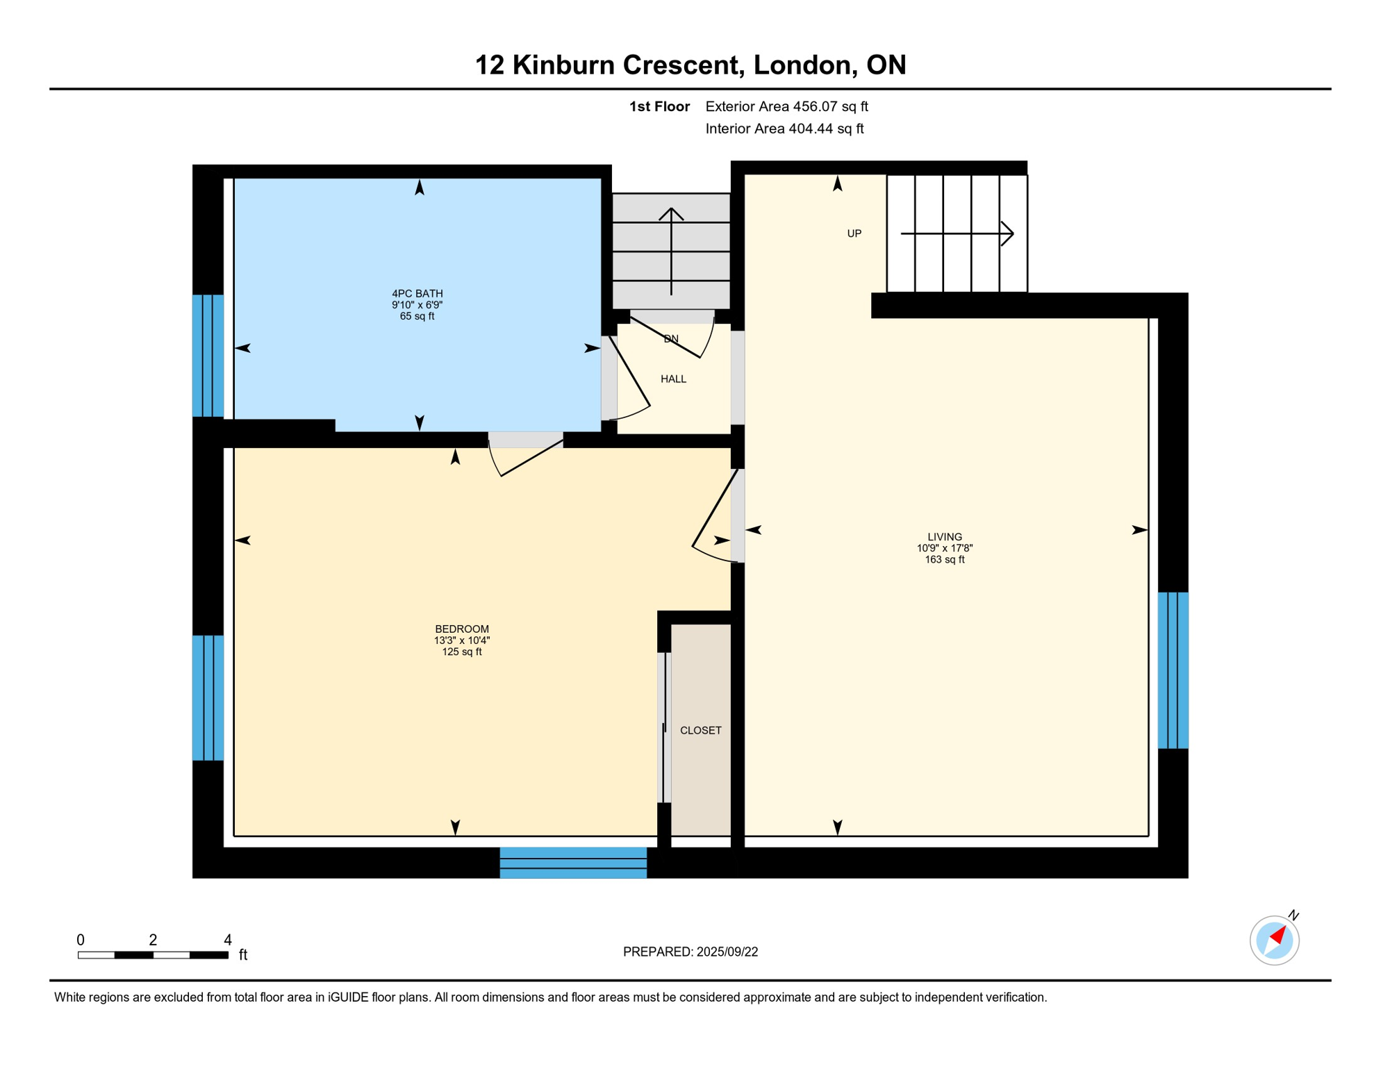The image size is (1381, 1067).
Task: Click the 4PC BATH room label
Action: click(x=417, y=294)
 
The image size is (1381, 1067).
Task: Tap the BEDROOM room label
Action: click(x=462, y=629)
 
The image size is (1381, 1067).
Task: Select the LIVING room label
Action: click(x=944, y=537)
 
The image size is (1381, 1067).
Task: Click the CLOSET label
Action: click(x=700, y=731)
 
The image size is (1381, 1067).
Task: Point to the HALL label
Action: click(x=673, y=379)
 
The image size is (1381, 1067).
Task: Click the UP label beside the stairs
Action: click(x=854, y=234)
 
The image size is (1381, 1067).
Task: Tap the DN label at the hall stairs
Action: click(x=670, y=339)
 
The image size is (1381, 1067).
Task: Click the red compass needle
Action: click(x=1277, y=935)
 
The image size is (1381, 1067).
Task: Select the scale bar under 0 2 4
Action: click(x=153, y=955)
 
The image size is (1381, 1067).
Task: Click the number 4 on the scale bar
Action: click(x=227, y=940)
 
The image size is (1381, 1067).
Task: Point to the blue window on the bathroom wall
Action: click(x=208, y=356)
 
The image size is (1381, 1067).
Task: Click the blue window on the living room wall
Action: click(x=1173, y=670)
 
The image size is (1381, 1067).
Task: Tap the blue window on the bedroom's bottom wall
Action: click(x=573, y=863)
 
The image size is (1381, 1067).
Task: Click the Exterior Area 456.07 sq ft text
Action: click(x=786, y=106)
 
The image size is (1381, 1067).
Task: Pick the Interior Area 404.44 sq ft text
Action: click(x=784, y=129)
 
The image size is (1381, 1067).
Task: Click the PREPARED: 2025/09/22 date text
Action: click(x=690, y=952)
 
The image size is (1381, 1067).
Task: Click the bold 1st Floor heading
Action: click(x=659, y=106)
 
